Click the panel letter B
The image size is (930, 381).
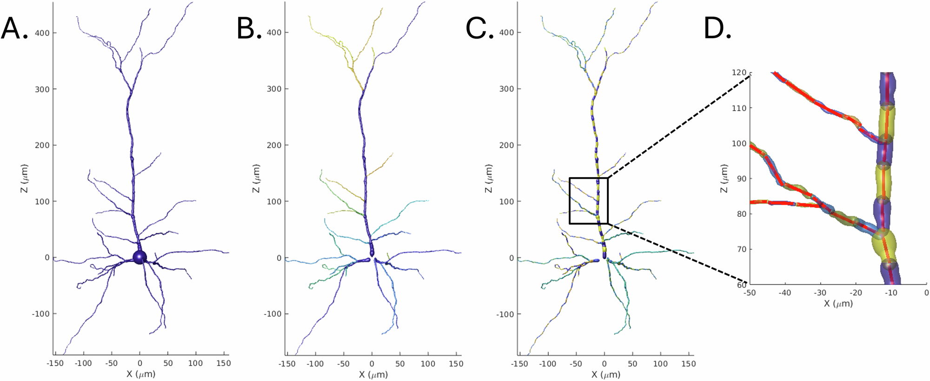pyautogui.click(x=249, y=29)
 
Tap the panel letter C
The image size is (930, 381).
pyautogui.click(x=479, y=29)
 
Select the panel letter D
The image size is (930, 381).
pyautogui.click(x=717, y=29)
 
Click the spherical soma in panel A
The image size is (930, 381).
pyautogui.click(x=139, y=257)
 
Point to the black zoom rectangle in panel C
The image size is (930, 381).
pyautogui.click(x=570, y=201)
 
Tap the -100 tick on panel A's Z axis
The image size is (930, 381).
pyautogui.click(x=40, y=314)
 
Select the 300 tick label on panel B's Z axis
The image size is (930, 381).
pyautogui.click(x=274, y=89)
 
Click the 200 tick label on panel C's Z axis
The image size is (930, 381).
pyautogui.click(x=507, y=145)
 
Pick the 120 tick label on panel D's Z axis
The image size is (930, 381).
pyautogui.click(x=739, y=73)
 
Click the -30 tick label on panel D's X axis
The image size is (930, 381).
pyautogui.click(x=820, y=293)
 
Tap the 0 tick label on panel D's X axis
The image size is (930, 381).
pyautogui.click(x=926, y=293)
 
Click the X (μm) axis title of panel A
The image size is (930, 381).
pyautogui.click(x=141, y=374)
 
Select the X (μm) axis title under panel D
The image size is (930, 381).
pyautogui.click(x=838, y=304)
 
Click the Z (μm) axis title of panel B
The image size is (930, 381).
pyautogui.click(x=256, y=178)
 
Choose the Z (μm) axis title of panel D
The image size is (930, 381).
pyautogui.click(x=724, y=178)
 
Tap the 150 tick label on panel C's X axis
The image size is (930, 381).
pyautogui.click(x=688, y=364)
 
